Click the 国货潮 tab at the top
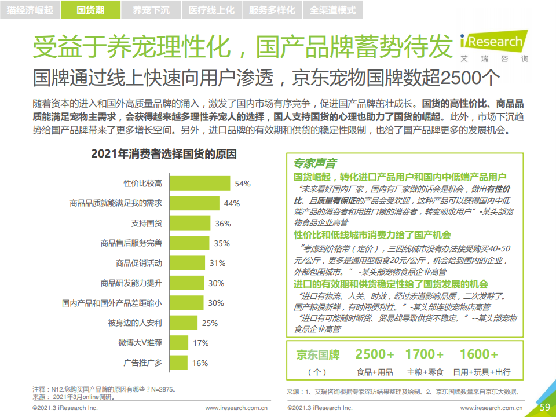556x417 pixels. [x=91, y=10]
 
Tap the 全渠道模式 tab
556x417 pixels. [x=332, y=10]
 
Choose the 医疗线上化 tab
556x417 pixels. [x=211, y=10]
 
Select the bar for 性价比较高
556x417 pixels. [x=198, y=184]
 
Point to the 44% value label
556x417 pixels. [x=232, y=203]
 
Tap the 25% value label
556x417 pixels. [x=209, y=323]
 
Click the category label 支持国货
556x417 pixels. [x=147, y=224]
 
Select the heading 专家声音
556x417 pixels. [x=315, y=164]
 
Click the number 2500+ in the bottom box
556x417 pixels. [x=375, y=354]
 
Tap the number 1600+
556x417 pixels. [x=478, y=354]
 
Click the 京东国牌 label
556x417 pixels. [x=317, y=354]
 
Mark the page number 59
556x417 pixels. [x=545, y=407]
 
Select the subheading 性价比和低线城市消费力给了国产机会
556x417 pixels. [x=372, y=235]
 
